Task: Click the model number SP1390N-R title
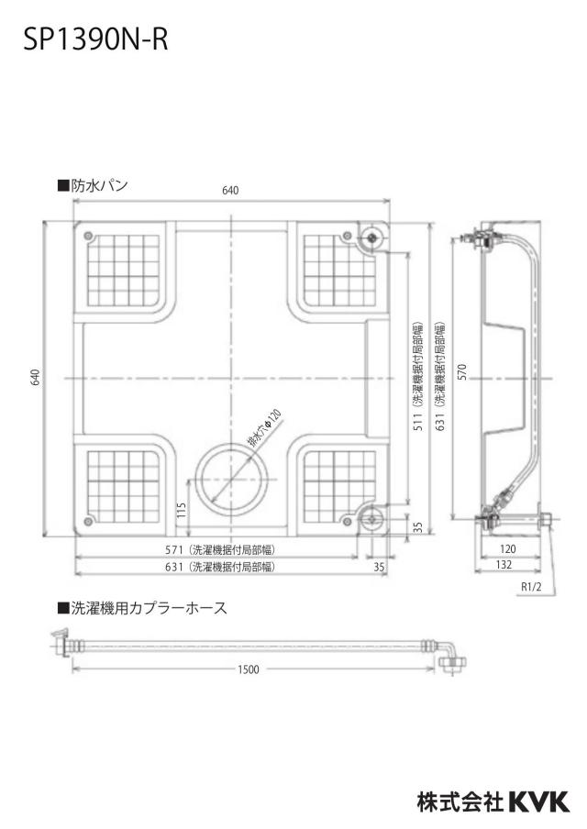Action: [x=95, y=39]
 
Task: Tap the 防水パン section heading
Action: [x=93, y=185]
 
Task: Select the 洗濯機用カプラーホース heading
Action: [x=143, y=608]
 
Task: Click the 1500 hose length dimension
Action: [x=248, y=669]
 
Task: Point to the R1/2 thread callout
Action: [x=531, y=587]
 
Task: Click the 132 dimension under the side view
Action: [x=504, y=565]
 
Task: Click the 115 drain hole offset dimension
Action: [x=182, y=510]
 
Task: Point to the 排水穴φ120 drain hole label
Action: [x=265, y=428]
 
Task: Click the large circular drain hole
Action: [x=231, y=479]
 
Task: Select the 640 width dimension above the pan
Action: [x=230, y=191]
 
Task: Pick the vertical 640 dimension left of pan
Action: [x=35, y=378]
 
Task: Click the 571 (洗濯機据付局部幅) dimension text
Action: [x=220, y=550]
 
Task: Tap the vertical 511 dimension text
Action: [x=418, y=423]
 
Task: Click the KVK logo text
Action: [x=539, y=801]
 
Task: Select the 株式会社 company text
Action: [x=460, y=801]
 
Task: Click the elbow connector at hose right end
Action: [x=450, y=660]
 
